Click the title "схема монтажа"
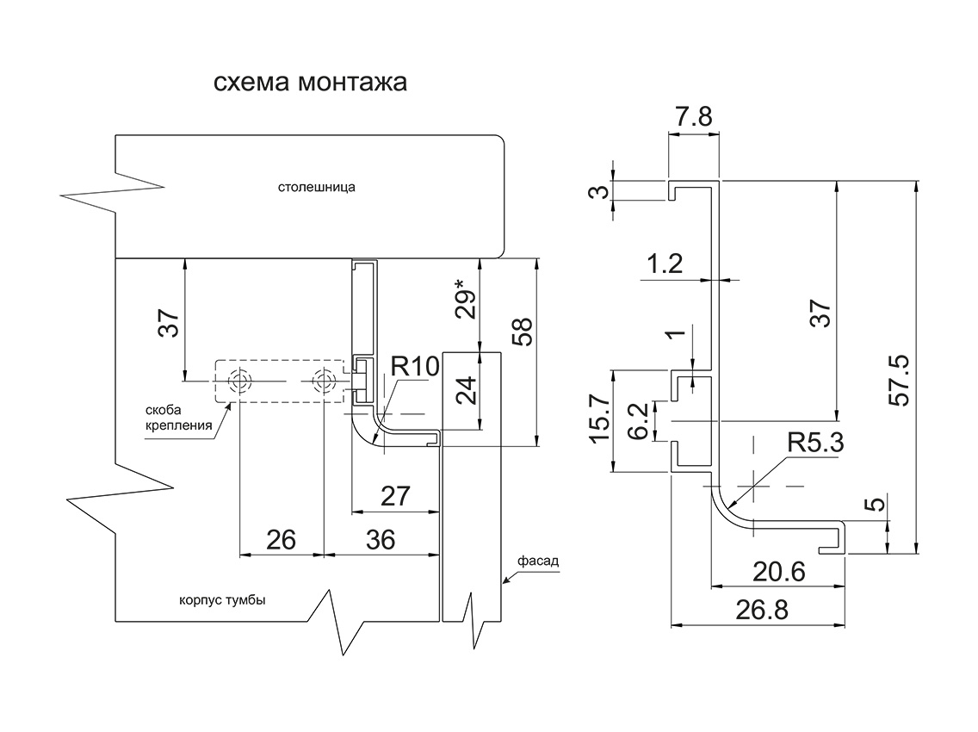click(x=310, y=83)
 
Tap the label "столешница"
click(x=317, y=187)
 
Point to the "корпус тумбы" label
click(x=222, y=600)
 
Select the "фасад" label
click(x=538, y=561)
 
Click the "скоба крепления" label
click(x=178, y=419)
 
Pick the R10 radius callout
click(x=415, y=367)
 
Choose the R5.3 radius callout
click(x=815, y=443)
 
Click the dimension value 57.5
click(x=900, y=382)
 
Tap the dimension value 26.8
click(x=762, y=610)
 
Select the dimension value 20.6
click(x=779, y=572)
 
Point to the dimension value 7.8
click(x=693, y=117)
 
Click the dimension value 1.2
click(x=665, y=264)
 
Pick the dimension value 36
click(x=381, y=540)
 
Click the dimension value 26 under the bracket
click(x=281, y=540)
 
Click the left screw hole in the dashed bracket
click(x=239, y=381)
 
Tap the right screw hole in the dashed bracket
click(x=324, y=381)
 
